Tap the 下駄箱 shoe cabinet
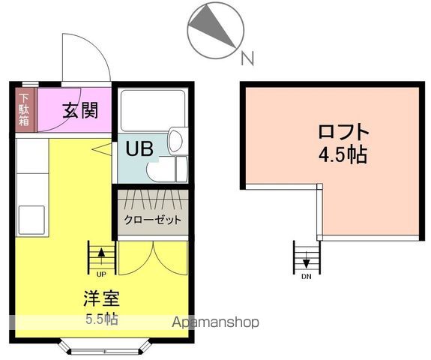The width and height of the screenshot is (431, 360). [25, 110]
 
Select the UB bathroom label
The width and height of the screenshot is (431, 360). [139, 148]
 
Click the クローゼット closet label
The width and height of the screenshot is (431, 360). [152, 220]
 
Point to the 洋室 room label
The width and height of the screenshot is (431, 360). [100, 297]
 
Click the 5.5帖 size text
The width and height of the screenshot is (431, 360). [100, 318]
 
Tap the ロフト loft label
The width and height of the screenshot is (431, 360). [344, 132]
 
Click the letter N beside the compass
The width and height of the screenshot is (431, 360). [247, 57]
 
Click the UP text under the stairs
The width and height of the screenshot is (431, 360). [100, 274]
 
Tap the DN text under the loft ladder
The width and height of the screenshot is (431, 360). [306, 276]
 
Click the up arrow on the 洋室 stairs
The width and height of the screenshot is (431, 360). [100, 254]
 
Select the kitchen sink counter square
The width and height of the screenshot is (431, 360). [32, 220]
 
